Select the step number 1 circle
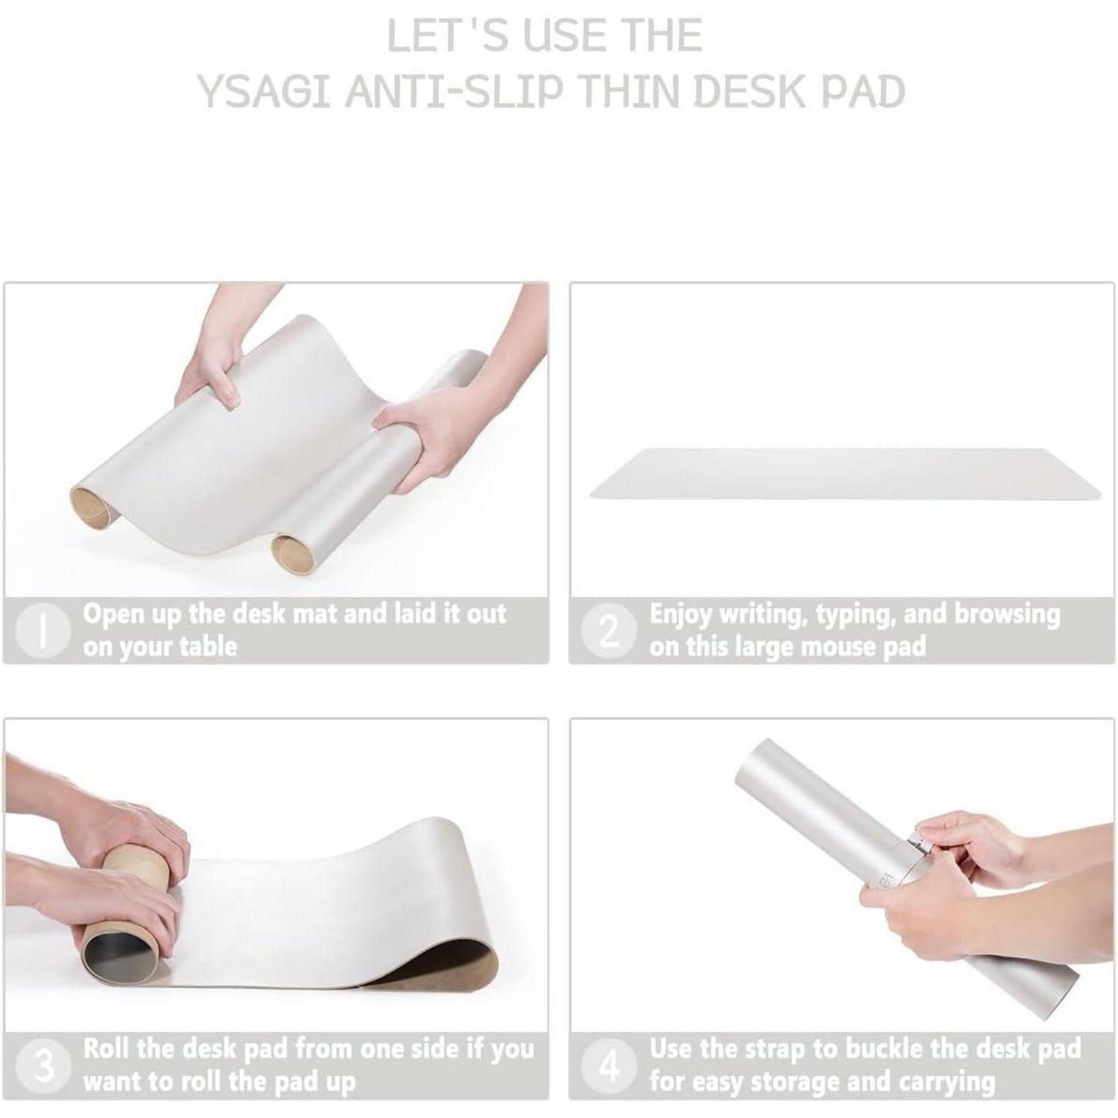(x=44, y=631)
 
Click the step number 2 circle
(x=609, y=631)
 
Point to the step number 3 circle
(x=44, y=1066)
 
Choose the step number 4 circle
(x=609, y=1066)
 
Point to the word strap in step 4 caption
(x=768, y=1049)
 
